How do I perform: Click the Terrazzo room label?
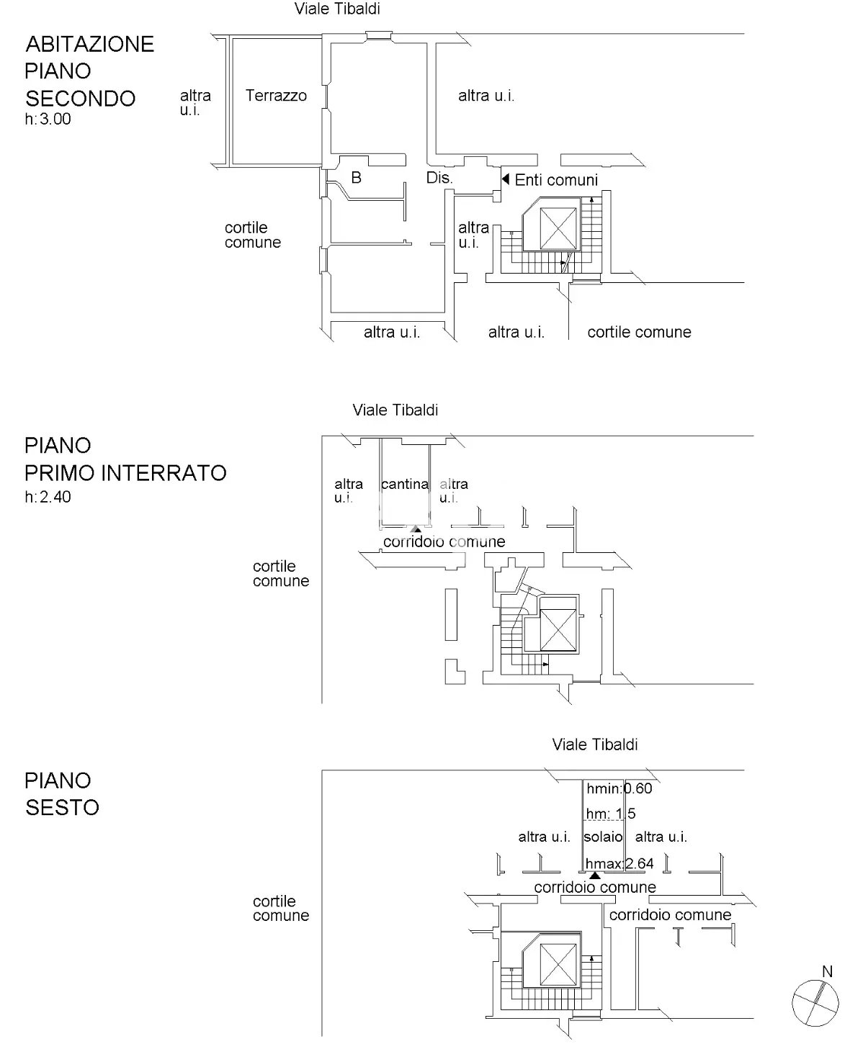click(276, 96)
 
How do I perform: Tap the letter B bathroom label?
click(357, 177)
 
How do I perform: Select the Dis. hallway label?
click(439, 178)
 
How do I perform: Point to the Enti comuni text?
click(556, 180)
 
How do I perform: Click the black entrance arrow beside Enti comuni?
click(506, 179)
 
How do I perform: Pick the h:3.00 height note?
click(48, 119)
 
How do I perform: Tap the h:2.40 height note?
click(48, 497)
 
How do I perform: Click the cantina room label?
click(405, 485)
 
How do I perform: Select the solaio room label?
click(603, 837)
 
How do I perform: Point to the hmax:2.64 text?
click(619, 863)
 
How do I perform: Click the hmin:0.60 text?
click(619, 788)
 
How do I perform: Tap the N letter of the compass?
click(828, 971)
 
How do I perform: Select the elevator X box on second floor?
click(558, 228)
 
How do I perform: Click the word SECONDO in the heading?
click(81, 99)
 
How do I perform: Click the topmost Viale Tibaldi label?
click(337, 9)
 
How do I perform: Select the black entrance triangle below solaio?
click(594, 876)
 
